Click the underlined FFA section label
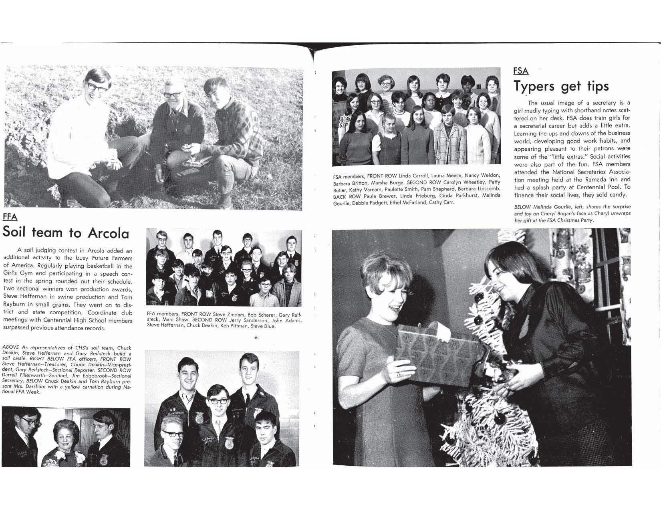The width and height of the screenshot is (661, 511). [10, 217]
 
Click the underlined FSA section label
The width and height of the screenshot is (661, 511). [521, 71]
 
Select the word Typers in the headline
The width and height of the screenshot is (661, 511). [535, 86]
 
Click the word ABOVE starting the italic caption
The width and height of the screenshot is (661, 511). [11, 347]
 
